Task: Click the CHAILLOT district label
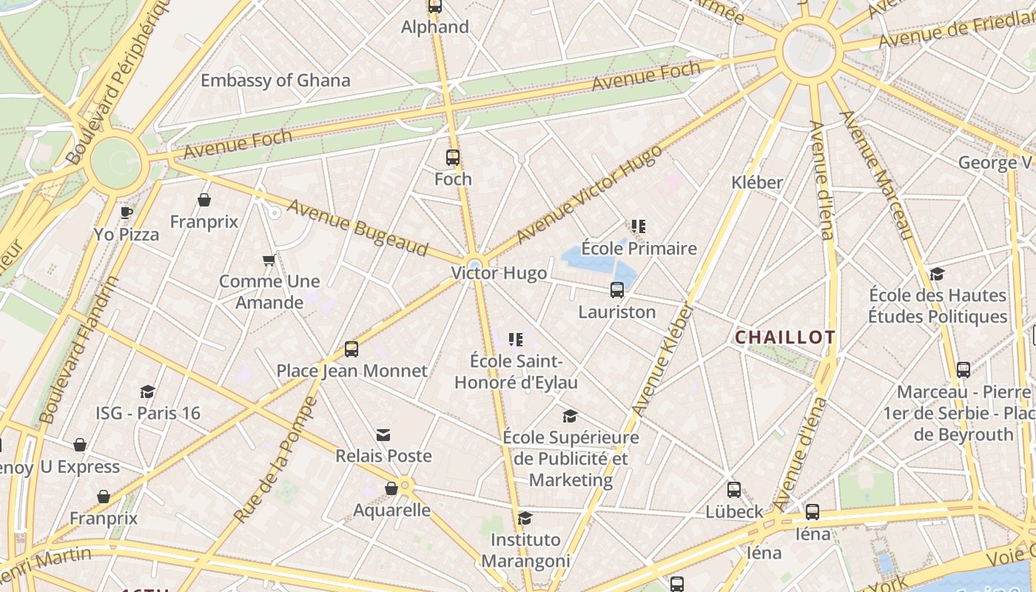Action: pyautogui.click(x=785, y=337)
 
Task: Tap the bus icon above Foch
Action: pyautogui.click(x=453, y=158)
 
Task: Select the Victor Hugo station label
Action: pyautogui.click(x=499, y=273)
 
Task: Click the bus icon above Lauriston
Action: pyautogui.click(x=617, y=290)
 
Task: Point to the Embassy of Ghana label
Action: pyautogui.click(x=275, y=81)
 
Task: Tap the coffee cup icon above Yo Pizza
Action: pyautogui.click(x=127, y=213)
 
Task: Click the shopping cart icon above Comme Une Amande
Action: pyautogui.click(x=269, y=260)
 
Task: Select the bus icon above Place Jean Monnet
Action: pyautogui.click(x=351, y=349)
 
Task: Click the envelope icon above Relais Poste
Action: pyautogui.click(x=383, y=434)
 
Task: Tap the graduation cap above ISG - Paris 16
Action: pyautogui.click(x=148, y=391)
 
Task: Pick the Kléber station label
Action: pyautogui.click(x=757, y=182)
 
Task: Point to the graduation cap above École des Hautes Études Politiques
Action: pyautogui.click(x=938, y=274)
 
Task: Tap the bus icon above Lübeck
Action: pyautogui.click(x=734, y=490)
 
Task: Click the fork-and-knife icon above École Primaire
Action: pyautogui.click(x=639, y=226)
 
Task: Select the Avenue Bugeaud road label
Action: pyautogui.click(x=357, y=228)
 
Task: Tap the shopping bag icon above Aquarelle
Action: pyautogui.click(x=391, y=488)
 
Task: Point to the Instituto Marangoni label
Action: pyautogui.click(x=525, y=550)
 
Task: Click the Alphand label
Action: pyautogui.click(x=435, y=27)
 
